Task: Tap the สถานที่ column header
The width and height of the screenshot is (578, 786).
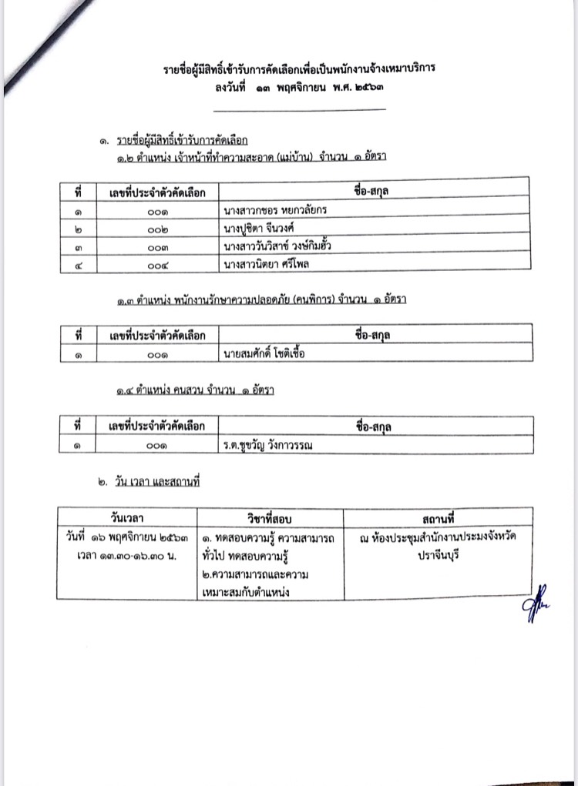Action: pos(438,517)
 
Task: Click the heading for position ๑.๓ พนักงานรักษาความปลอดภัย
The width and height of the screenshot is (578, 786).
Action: pos(257,300)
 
